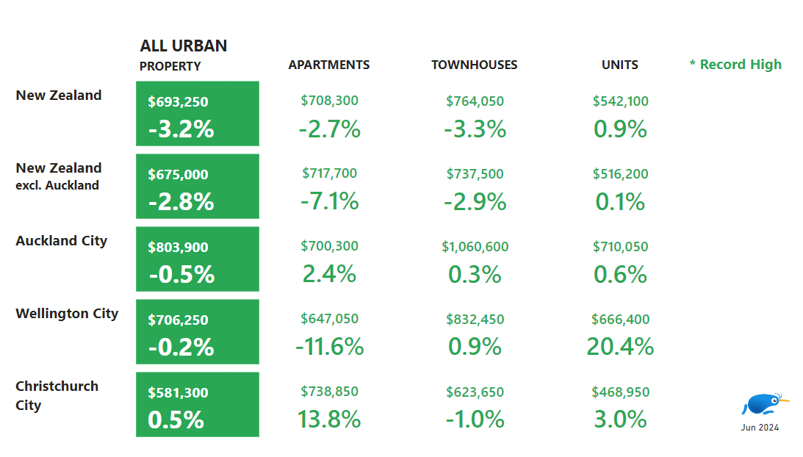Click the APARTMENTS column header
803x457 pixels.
point(328,65)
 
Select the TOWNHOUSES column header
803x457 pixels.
point(474,65)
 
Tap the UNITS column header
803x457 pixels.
point(619,65)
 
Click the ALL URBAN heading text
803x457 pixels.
point(183,46)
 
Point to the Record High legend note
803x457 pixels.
point(735,65)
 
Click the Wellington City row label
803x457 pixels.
point(67,314)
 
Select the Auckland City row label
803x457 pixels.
point(61,241)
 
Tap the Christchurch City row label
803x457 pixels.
point(57,395)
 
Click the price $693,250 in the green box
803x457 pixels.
point(178,102)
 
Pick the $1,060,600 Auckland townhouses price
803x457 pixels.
point(475,247)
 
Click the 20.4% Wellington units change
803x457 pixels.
point(620,346)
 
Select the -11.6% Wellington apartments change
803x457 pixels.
point(329,346)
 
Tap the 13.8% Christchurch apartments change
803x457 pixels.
point(329,419)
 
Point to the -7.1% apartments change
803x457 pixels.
point(329,201)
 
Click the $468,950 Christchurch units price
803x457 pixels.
point(620,392)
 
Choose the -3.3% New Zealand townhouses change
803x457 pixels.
point(475,129)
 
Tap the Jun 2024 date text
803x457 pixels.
point(760,427)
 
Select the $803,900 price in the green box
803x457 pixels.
point(178,248)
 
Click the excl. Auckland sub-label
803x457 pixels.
point(57,186)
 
